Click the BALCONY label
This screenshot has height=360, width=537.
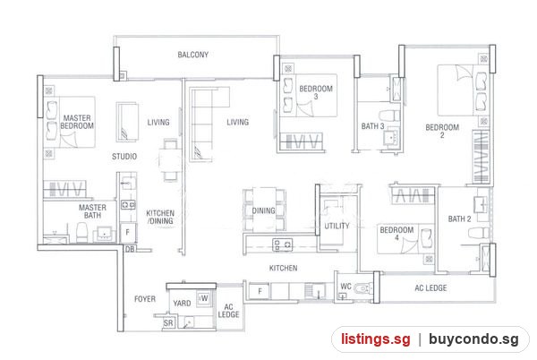192,55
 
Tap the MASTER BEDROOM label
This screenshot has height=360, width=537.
77,122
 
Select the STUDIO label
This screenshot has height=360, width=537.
124,157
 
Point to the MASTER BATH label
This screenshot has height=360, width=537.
92,211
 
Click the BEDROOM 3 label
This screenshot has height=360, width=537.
316,92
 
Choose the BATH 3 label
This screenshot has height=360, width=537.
372,126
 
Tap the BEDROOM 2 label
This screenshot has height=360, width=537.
442,131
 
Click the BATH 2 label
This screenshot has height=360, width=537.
460,219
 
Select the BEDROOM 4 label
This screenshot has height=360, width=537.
396,233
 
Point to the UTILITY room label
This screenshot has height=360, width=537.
337,226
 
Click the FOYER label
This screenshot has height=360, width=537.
145,299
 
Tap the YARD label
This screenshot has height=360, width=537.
182,304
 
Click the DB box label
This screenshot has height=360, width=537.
130,249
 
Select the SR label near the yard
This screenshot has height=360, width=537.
168,323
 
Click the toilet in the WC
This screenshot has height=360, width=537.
363,288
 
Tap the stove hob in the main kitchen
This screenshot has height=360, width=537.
282,244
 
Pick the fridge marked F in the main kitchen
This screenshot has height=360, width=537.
260,292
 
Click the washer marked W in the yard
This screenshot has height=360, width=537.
203,299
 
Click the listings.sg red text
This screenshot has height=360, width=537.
375,339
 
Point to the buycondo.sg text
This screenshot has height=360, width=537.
473,339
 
